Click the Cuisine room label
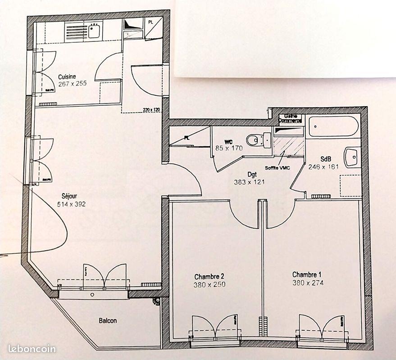(67, 76)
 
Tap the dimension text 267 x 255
(72, 83)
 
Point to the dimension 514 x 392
(71, 204)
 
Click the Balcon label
(108, 321)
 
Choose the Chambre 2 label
(209, 276)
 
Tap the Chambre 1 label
(307, 274)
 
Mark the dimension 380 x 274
(308, 283)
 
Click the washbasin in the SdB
(351, 157)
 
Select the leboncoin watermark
(32, 349)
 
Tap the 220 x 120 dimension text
(152, 109)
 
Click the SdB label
(326, 159)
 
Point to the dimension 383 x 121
(249, 182)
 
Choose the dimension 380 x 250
(210, 284)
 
